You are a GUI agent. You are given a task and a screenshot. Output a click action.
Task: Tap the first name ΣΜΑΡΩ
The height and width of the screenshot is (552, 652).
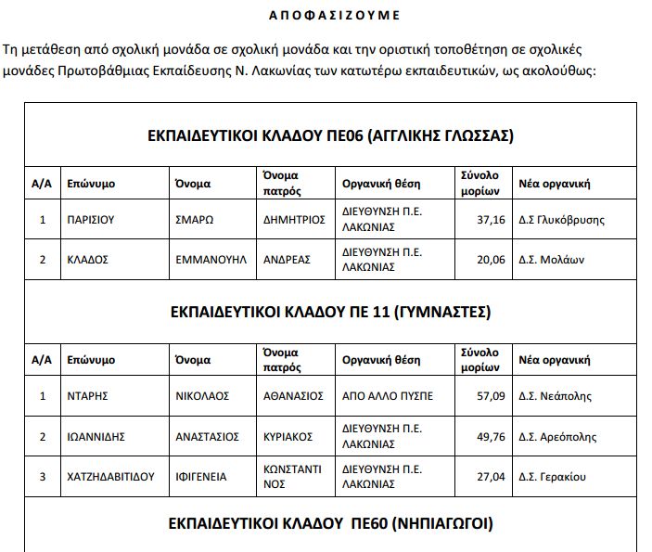(x=195, y=220)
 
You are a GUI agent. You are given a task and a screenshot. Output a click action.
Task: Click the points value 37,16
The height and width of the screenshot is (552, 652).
(x=490, y=220)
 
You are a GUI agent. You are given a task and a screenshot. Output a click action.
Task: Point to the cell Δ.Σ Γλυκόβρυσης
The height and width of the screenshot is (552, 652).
(x=569, y=220)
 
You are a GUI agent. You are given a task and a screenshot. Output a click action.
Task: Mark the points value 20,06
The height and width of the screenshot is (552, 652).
(x=490, y=260)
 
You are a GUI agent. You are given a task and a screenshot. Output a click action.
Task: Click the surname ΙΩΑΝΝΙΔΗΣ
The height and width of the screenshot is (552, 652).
(x=96, y=436)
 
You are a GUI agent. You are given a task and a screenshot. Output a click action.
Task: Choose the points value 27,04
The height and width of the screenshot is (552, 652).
(x=490, y=477)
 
